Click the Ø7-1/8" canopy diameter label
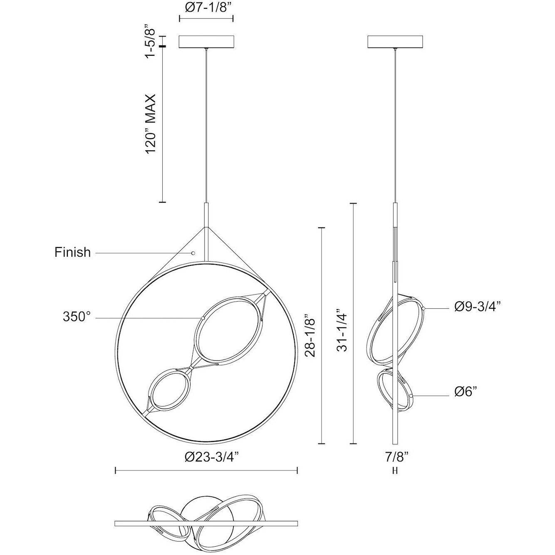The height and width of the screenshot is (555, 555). click(x=206, y=8)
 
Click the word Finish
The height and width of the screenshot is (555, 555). click(x=72, y=252)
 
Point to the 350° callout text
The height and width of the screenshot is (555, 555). click(x=76, y=317)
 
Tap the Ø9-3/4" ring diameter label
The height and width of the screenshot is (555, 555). click(x=477, y=307)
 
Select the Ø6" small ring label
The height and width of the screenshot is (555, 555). click(x=465, y=391)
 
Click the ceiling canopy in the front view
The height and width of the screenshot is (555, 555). click(x=206, y=42)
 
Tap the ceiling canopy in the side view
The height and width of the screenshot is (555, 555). click(x=395, y=42)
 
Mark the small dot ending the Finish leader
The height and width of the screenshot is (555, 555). click(x=193, y=253)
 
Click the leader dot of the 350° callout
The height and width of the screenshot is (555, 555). click(x=203, y=318)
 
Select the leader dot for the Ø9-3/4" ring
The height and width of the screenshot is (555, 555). click(x=423, y=309)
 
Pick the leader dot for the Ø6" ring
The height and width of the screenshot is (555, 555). click(x=411, y=396)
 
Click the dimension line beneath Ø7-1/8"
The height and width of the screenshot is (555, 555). click(x=206, y=19)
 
